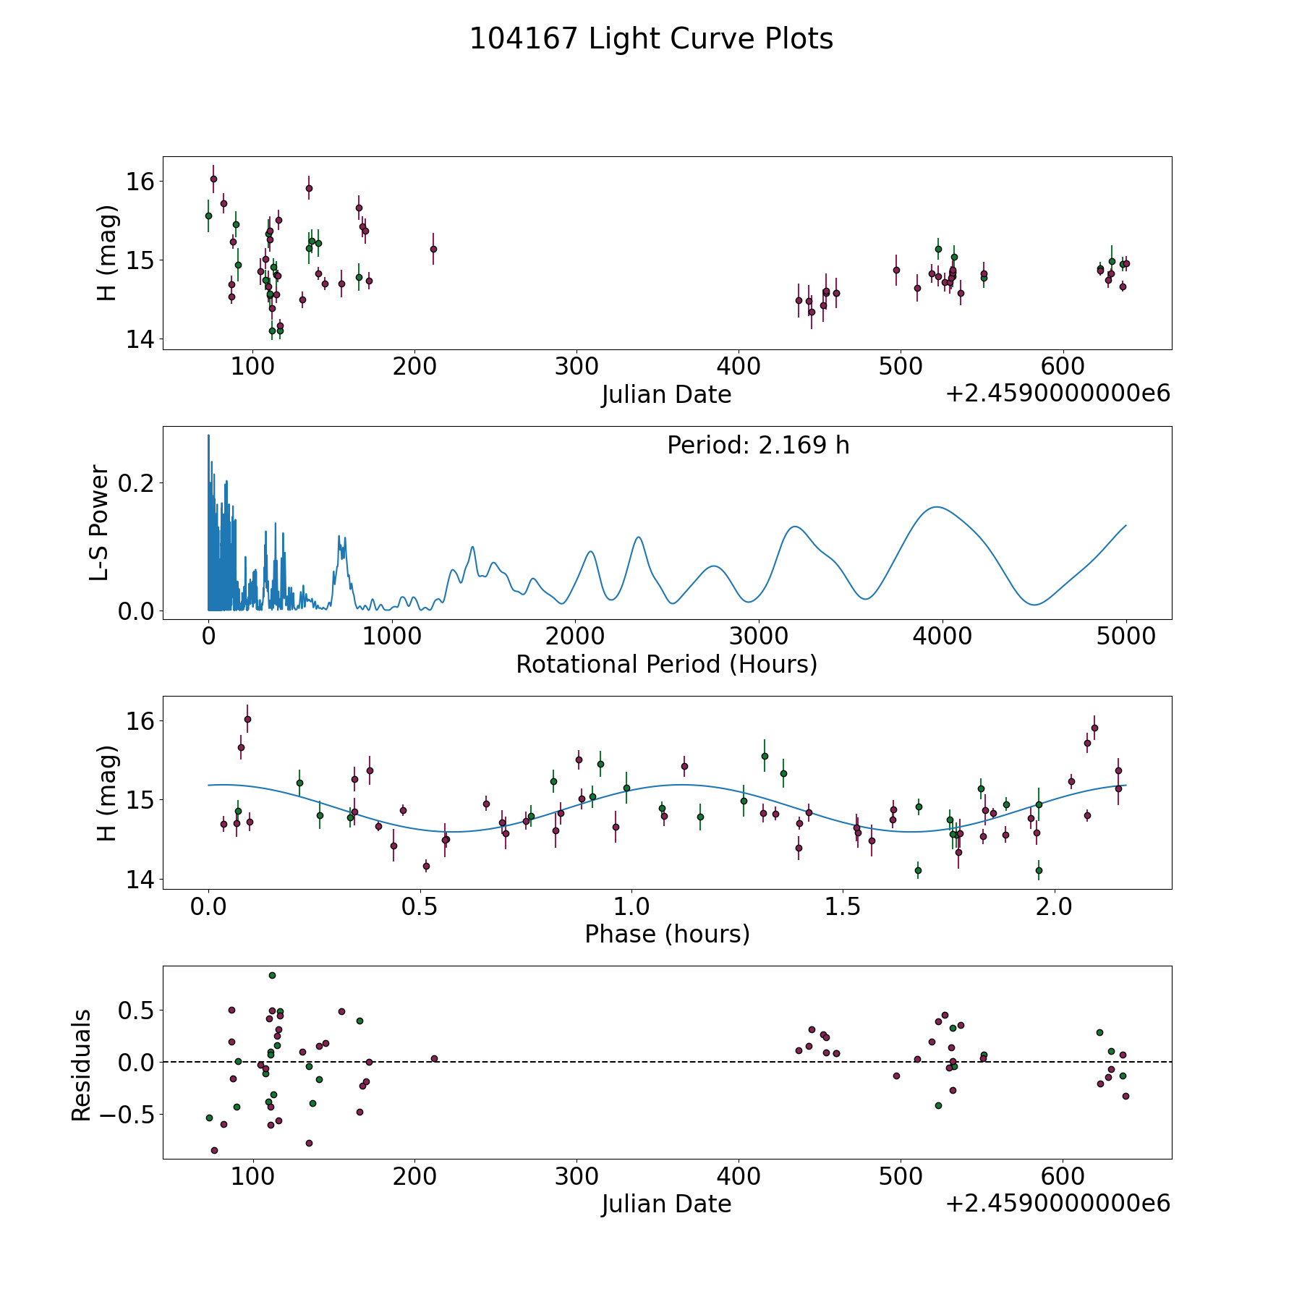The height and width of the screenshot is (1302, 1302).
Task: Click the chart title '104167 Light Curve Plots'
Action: pos(651,39)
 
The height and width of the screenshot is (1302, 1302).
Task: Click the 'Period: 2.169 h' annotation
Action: pos(758,446)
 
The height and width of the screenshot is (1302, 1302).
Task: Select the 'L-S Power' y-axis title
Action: pos(100,523)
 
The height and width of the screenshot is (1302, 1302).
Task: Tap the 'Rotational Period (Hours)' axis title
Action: pos(666,664)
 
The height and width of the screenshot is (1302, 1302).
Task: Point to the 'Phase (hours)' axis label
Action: pos(667,934)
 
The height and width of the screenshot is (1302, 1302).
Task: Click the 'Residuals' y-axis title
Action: pos(81,1065)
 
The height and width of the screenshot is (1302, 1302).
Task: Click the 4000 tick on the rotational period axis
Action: pos(943,637)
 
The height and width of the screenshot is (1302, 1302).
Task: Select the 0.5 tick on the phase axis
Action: pos(420,906)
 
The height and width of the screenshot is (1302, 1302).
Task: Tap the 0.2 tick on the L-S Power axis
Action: pos(137,482)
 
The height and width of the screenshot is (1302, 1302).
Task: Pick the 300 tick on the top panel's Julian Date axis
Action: pos(576,367)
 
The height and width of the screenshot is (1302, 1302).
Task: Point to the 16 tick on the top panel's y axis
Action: pos(140,181)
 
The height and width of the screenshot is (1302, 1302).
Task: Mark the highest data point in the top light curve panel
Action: pos(213,179)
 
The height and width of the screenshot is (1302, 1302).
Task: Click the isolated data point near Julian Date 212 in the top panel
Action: pos(433,249)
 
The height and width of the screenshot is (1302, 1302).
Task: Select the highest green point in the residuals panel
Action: pos(272,975)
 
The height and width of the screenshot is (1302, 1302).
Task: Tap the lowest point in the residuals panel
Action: pos(214,1150)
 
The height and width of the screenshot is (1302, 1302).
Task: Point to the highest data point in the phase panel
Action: pos(247,719)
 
